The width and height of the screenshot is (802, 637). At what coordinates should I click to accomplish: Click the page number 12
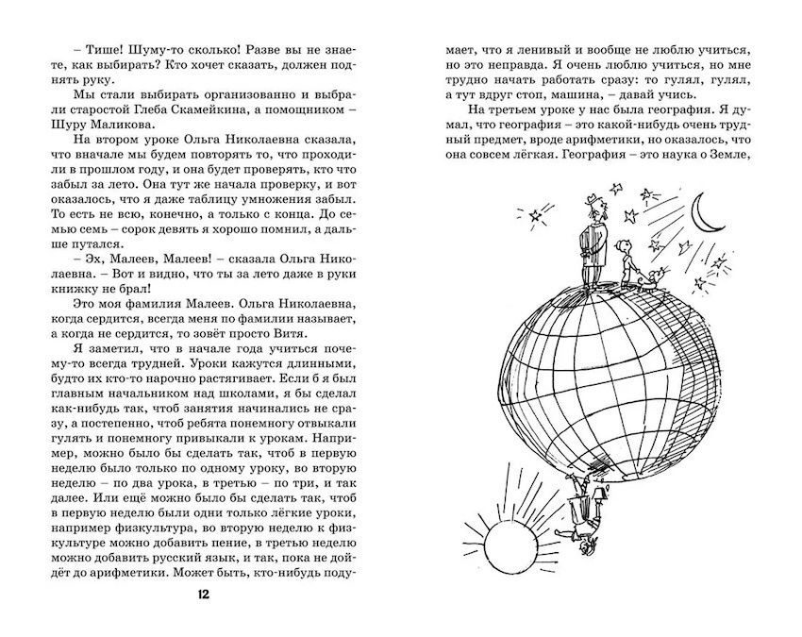(204, 595)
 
